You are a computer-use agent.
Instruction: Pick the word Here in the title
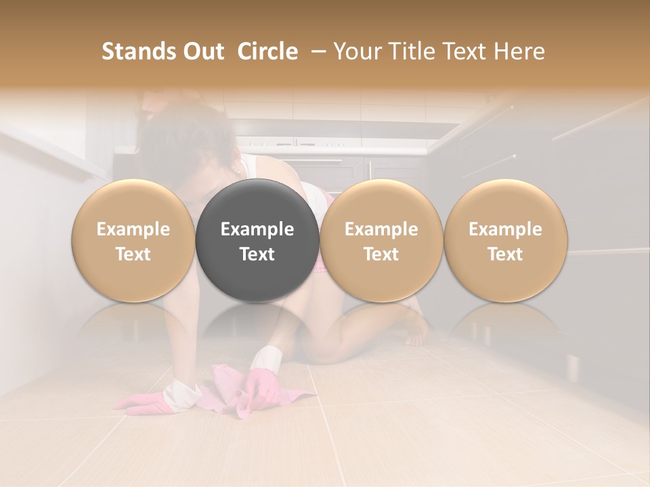pyautogui.click(x=520, y=51)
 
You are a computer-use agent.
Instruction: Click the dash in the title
pyautogui.click(x=316, y=51)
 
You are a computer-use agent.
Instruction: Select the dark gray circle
pyautogui.click(x=257, y=241)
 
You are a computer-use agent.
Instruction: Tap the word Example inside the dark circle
pyautogui.click(x=257, y=229)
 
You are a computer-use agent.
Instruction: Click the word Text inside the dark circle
pyautogui.click(x=257, y=254)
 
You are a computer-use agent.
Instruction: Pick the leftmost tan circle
pyautogui.click(x=133, y=241)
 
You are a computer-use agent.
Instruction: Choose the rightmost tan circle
pyautogui.click(x=505, y=241)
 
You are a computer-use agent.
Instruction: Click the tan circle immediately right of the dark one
pyautogui.click(x=381, y=241)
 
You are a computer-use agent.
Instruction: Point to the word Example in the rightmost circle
pyautogui.click(x=505, y=229)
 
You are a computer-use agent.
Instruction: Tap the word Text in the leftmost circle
pyautogui.click(x=133, y=254)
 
